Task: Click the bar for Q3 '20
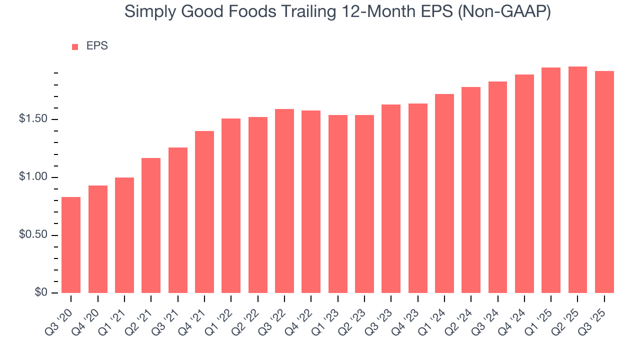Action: point(71,245)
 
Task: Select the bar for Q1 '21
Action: point(124,235)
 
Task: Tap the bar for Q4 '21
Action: point(204,212)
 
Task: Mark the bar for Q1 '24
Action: point(444,193)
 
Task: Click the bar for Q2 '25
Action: point(577,180)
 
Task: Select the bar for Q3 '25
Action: point(604,182)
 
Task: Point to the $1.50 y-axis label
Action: point(34,119)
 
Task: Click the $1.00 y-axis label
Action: point(34,177)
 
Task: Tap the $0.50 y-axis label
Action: point(34,235)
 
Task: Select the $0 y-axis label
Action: point(40,293)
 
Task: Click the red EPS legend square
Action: point(75,47)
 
